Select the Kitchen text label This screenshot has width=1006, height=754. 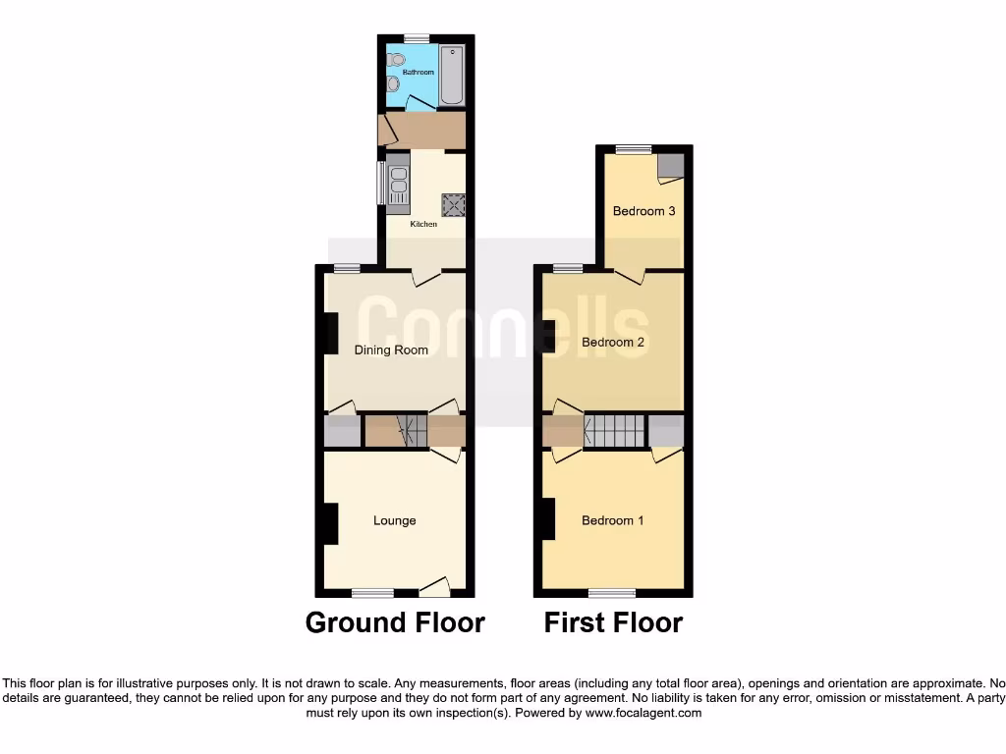tap(423, 225)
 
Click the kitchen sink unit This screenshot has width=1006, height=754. tap(398, 185)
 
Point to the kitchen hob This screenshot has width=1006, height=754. tap(453, 204)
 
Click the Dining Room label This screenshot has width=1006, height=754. tap(391, 350)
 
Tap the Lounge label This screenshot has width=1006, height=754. tap(394, 521)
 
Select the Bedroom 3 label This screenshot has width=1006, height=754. tap(643, 211)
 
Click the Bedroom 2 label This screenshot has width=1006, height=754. tap(613, 343)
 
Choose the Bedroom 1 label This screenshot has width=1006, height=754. tap(613, 521)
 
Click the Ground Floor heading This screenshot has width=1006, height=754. tap(395, 622)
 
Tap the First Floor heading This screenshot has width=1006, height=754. tap(613, 622)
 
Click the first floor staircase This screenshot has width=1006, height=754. tap(615, 431)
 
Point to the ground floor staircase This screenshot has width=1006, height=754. tap(412, 431)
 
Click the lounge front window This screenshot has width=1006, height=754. tap(372, 593)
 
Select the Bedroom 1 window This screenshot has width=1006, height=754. tap(612, 593)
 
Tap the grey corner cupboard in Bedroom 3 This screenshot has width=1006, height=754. tap(670, 166)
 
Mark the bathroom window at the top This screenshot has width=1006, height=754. tap(417, 38)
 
